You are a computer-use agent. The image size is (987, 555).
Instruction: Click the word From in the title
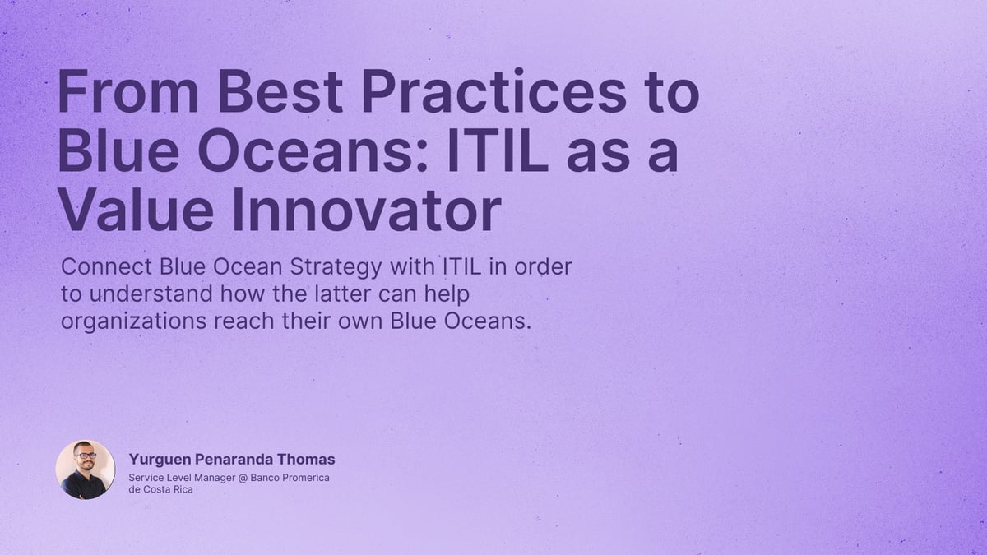pyautogui.click(x=128, y=93)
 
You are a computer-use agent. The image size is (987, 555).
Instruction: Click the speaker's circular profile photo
pyautogui.click(x=86, y=469)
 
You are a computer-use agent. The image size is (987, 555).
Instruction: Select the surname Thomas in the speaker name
pyautogui.click(x=307, y=460)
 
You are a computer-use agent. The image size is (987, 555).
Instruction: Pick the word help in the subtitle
pyautogui.click(x=457, y=294)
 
